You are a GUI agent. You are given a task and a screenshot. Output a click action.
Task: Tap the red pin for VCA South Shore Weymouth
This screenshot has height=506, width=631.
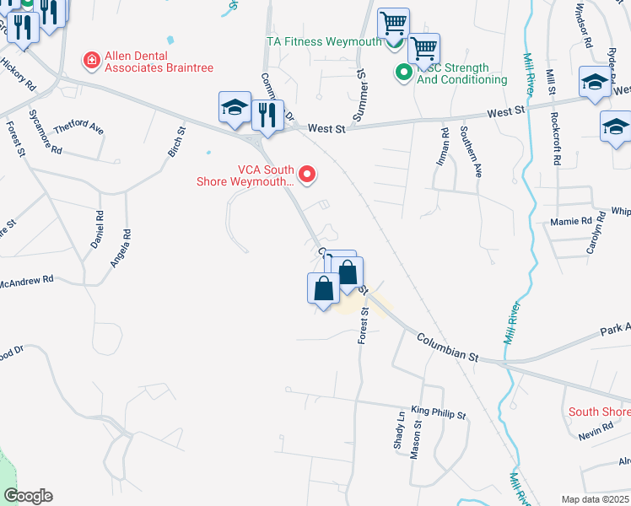[308, 175]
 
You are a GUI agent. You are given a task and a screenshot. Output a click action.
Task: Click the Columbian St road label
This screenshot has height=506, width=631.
[446, 347]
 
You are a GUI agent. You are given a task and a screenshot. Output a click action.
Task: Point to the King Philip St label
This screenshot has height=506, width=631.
[438, 412]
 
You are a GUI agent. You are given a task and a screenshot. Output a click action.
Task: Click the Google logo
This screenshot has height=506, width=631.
[28, 496]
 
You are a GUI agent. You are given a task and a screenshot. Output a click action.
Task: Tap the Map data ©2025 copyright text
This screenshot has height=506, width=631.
[596, 499]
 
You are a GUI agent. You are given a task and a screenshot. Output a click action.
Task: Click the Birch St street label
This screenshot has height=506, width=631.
[176, 141]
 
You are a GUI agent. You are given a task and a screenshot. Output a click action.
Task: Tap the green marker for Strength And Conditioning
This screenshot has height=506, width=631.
[404, 73]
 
